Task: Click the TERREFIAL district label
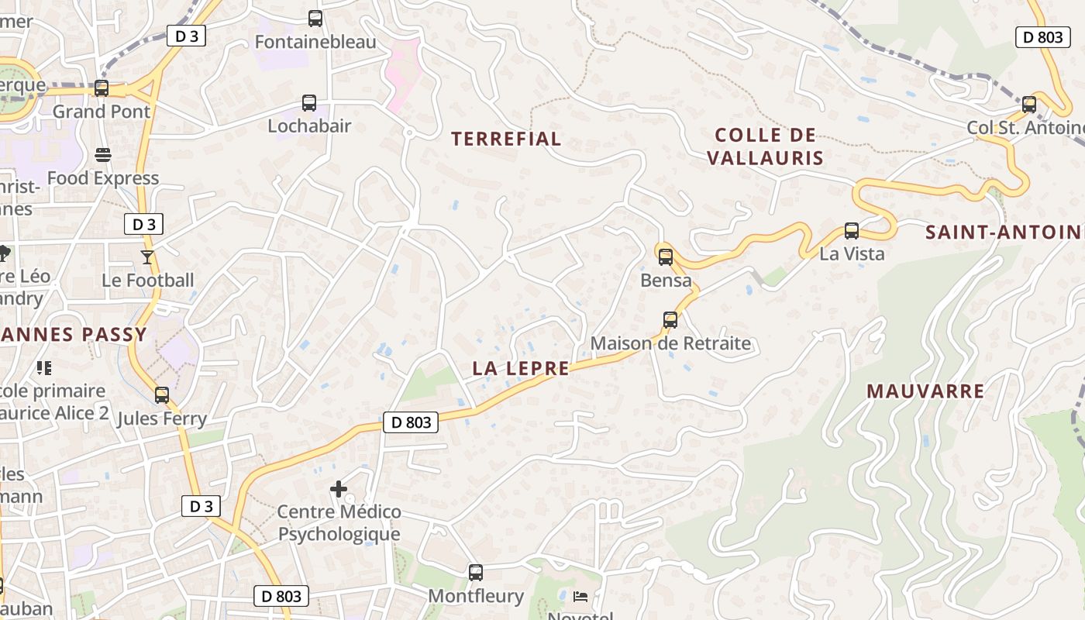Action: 506,139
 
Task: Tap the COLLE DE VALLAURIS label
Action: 765,146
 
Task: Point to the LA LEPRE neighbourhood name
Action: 521,369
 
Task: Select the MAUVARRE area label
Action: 925,391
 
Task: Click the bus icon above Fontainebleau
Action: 315,19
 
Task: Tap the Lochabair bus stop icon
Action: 309,103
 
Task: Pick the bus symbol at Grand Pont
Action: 102,88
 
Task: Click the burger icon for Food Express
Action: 103,155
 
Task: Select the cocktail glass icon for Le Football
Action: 147,257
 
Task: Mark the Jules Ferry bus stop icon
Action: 162,395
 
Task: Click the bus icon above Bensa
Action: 665,257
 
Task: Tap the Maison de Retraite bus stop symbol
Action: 670,320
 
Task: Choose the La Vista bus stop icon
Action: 852,231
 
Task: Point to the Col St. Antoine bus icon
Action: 1029,105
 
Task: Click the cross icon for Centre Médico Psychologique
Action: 339,489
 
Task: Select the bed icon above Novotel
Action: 580,596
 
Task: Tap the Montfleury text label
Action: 476,596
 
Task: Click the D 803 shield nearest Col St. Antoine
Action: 1043,36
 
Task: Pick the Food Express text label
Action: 103,178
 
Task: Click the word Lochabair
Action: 309,126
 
